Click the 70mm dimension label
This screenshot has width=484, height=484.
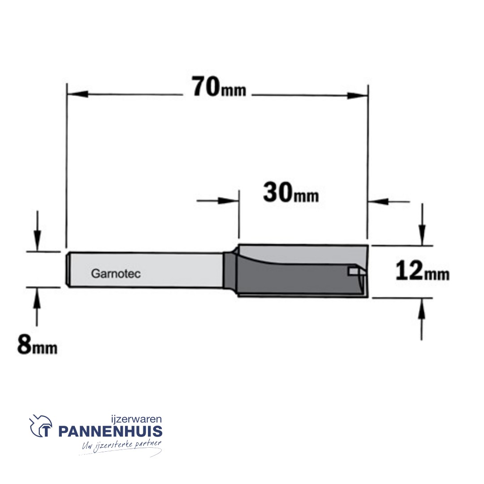tap(219, 87)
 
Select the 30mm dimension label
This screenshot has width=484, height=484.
tap(291, 193)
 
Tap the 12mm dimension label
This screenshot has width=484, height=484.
tap(422, 271)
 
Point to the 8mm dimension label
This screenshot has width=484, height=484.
tap(37, 345)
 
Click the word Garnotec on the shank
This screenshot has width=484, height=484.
tap(116, 273)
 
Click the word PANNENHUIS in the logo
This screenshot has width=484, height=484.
tap(110, 431)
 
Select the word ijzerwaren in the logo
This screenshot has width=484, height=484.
tap(136, 419)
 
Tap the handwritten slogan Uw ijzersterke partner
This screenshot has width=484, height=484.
tap(121, 445)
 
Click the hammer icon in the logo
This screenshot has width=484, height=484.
tap(41, 426)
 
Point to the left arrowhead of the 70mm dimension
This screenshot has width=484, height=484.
tap(77, 95)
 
